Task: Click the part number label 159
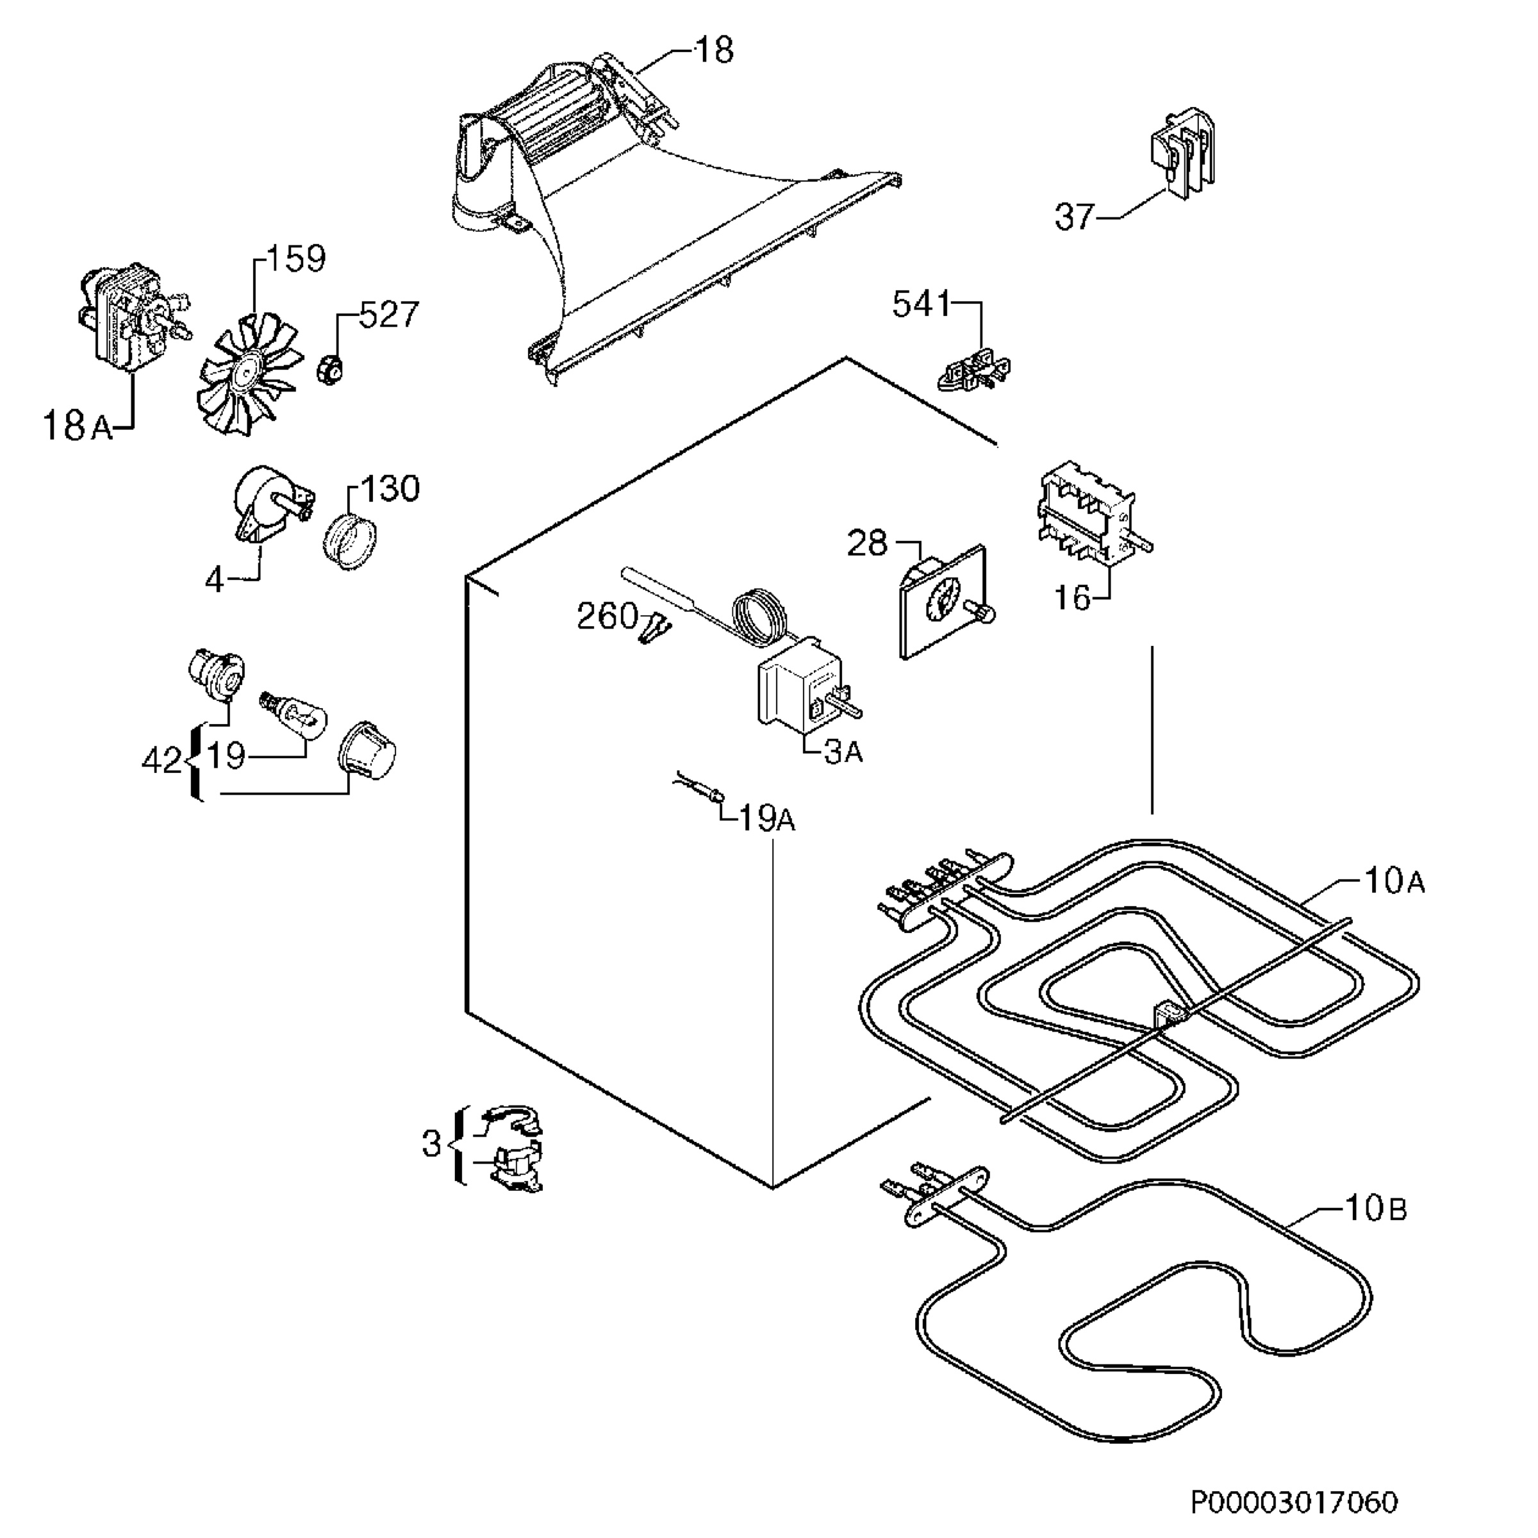pyautogui.click(x=295, y=259)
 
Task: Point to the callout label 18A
pyautogui.click(x=77, y=426)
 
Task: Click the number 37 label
pyautogui.click(x=1075, y=217)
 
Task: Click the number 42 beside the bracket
pyautogui.click(x=162, y=762)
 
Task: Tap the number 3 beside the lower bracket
pyautogui.click(x=431, y=1145)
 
